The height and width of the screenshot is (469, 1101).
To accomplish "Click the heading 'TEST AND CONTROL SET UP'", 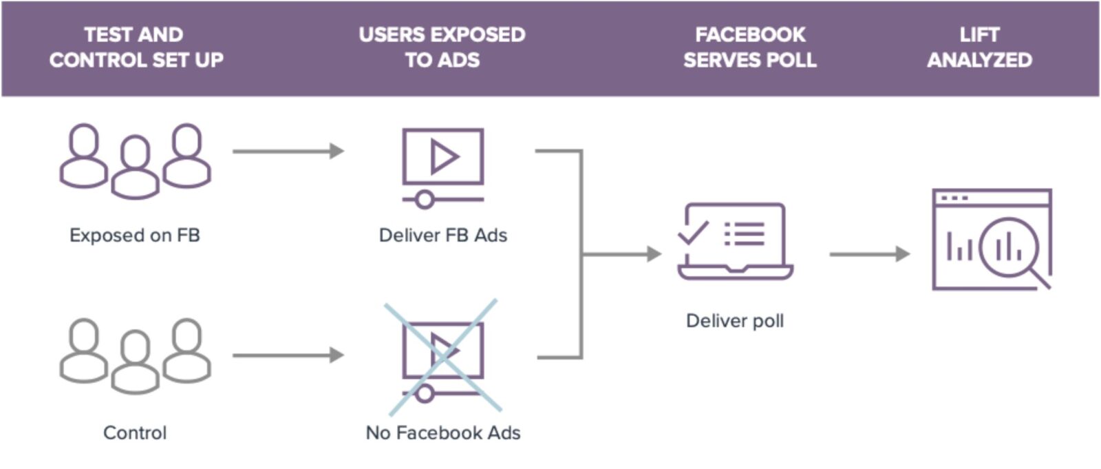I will tap(136, 47).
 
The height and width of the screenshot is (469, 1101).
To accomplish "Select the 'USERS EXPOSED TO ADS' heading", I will tap(442, 47).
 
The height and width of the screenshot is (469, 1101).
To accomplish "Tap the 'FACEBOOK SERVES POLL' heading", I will tap(749, 47).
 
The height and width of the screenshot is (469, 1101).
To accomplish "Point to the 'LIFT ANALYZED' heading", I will tap(979, 47).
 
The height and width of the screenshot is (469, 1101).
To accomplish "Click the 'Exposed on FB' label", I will tap(134, 236).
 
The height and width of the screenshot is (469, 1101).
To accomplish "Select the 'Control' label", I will tap(135, 432).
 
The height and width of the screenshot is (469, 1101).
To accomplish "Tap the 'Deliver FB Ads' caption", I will tap(442, 236).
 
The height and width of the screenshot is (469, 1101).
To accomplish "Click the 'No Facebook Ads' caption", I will tap(442, 432).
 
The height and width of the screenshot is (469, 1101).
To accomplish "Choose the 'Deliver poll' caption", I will tap(735, 321).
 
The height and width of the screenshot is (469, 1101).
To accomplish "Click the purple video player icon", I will tap(442, 165).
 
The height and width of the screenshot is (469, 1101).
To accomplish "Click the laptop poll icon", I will tap(735, 241).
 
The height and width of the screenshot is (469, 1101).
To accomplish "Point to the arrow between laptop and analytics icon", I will tap(868, 254).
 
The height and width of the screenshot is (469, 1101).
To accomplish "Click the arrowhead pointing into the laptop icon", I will tap(654, 254).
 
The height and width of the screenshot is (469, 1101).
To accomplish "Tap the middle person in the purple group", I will tap(136, 169).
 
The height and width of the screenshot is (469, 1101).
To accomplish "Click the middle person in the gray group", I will tap(136, 364).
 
